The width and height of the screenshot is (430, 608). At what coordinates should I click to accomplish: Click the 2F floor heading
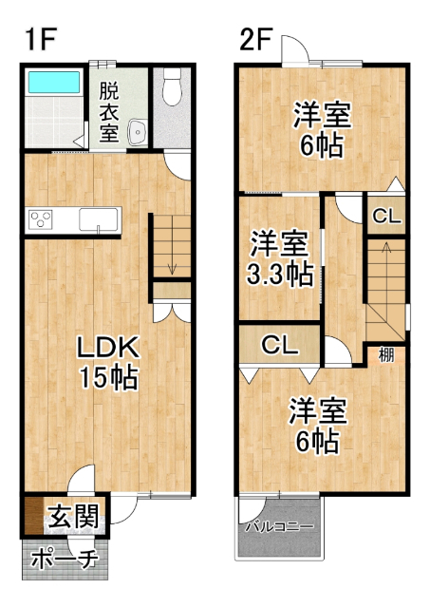(255, 41)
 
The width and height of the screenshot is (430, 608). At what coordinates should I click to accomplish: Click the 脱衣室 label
(109, 113)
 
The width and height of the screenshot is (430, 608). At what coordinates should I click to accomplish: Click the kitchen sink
(98, 219)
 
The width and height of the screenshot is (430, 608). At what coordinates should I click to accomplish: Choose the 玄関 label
(73, 518)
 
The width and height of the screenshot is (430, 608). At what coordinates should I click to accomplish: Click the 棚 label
(387, 356)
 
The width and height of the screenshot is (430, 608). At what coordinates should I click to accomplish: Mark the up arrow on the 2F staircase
(385, 249)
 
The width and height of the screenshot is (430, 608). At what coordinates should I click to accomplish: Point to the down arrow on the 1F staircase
(172, 269)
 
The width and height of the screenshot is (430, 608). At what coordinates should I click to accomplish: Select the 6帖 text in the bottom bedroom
(317, 442)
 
